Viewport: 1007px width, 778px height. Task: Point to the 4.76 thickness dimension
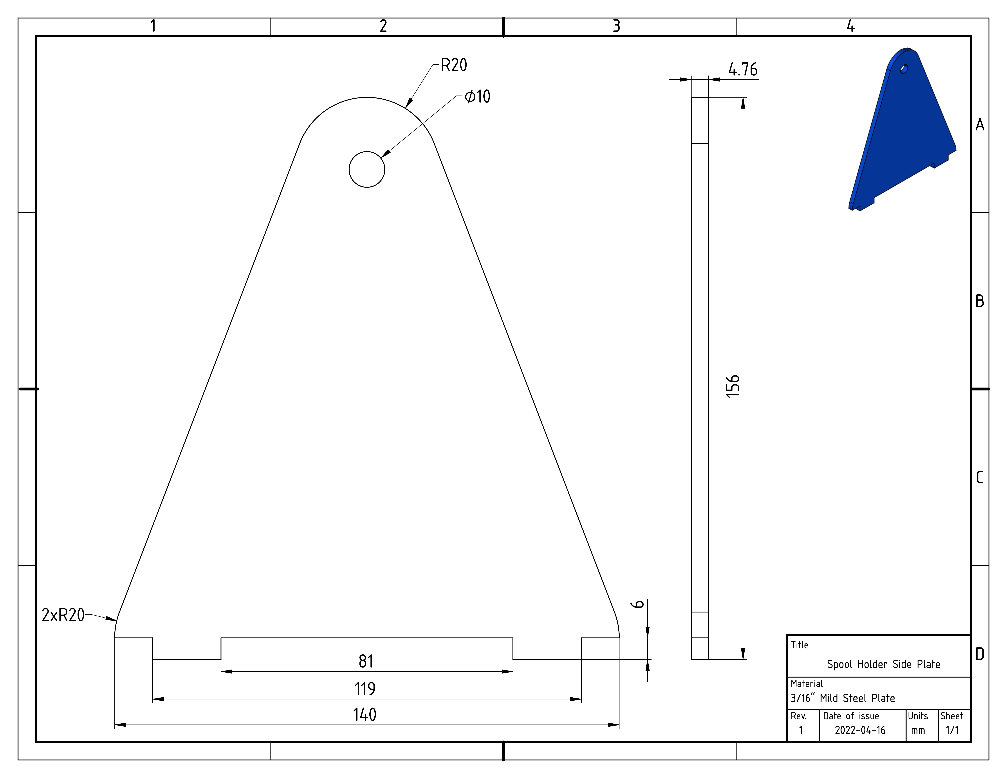743,70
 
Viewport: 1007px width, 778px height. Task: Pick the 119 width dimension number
365,689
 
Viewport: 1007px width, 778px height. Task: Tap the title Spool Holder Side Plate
883,664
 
